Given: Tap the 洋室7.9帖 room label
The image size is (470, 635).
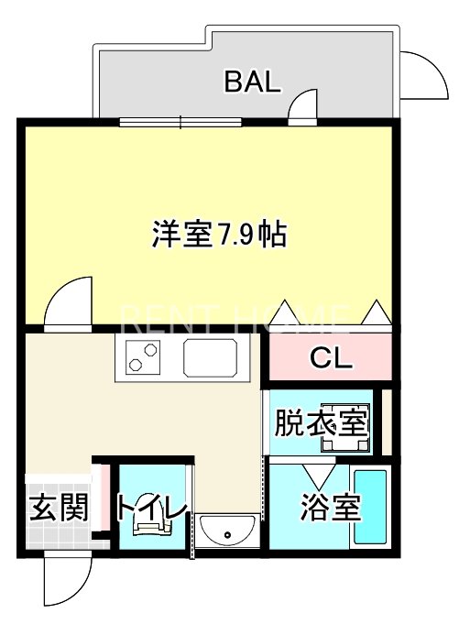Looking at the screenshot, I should click(219, 235).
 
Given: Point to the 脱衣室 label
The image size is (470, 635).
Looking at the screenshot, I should click(321, 423).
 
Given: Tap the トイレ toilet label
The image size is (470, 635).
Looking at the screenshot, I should click(151, 507).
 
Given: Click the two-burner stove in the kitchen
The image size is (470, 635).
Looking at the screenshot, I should click(145, 356).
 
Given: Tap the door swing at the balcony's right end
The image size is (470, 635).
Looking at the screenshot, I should click(423, 75).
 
